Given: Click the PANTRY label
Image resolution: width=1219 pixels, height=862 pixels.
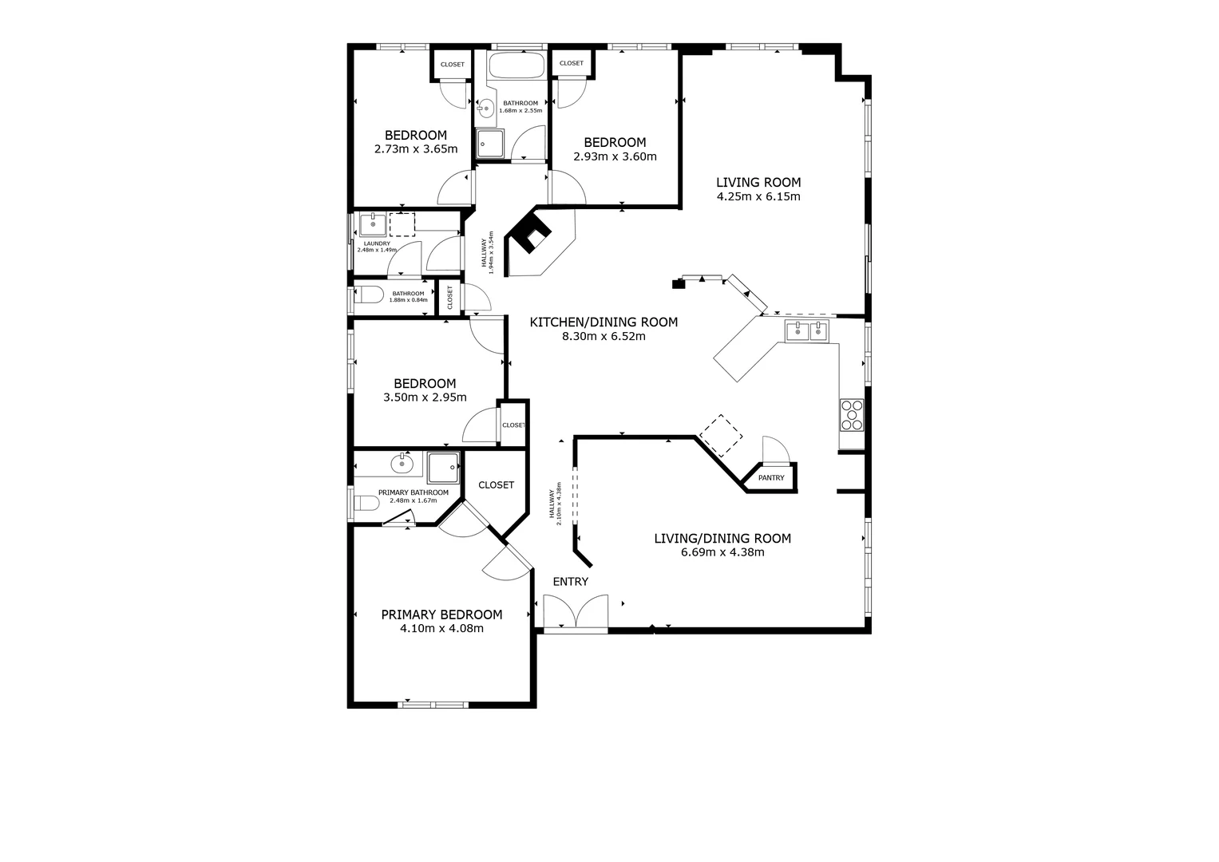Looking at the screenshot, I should (771, 478).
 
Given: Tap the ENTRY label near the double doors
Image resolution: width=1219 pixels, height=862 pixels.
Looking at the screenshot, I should (570, 582).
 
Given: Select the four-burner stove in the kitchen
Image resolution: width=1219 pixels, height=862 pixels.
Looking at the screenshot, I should (852, 415).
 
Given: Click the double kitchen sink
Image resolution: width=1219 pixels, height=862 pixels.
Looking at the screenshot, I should (807, 331).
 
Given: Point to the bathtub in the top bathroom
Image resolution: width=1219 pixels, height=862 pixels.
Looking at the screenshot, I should (516, 65).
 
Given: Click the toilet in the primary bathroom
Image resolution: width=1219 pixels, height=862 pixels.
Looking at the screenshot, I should (366, 504).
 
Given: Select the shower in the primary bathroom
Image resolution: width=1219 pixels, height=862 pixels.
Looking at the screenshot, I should (443, 467).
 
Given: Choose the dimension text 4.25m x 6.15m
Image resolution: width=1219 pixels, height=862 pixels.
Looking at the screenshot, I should (758, 196).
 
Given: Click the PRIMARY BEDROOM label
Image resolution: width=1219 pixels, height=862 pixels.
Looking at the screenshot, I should (441, 615).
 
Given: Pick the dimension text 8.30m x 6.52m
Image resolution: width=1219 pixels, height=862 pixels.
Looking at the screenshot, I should (604, 337).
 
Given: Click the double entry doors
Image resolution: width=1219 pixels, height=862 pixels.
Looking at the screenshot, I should (576, 613).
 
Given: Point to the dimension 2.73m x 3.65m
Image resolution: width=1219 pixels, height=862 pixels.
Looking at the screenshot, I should (415, 149).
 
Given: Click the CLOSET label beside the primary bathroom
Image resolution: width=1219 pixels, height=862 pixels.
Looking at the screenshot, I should (496, 485).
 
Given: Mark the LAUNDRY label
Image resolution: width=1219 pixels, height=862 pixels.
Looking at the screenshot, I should (376, 243).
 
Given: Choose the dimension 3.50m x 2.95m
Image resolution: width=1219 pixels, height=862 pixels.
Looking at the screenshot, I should (425, 397).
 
